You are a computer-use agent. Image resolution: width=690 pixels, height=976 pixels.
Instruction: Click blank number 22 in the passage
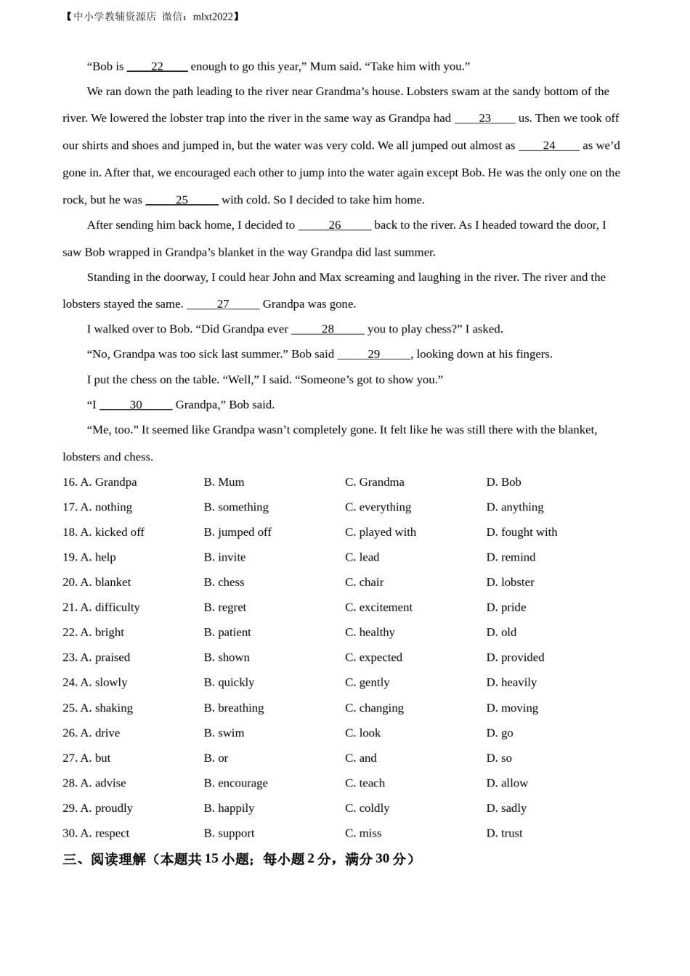tap(157, 66)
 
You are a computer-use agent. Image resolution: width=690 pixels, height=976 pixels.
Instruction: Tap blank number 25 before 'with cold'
tap(182, 200)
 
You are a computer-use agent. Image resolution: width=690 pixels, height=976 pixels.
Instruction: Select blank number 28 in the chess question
tap(328, 329)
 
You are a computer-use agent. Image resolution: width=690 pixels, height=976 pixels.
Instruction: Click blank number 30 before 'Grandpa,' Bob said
tap(136, 404)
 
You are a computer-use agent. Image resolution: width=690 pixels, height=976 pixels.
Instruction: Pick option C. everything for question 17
tap(378, 507)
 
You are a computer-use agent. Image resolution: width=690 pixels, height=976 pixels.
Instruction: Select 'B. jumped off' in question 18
tap(238, 532)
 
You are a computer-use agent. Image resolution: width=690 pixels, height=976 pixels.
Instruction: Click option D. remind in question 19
tap(511, 557)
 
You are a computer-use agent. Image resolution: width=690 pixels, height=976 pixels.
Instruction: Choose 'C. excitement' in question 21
tap(378, 607)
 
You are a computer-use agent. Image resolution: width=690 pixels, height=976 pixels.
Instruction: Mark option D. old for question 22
tap(501, 633)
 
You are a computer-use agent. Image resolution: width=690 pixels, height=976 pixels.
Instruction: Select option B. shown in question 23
tap(227, 657)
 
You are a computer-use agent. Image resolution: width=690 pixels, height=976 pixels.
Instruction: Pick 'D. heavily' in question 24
tap(511, 683)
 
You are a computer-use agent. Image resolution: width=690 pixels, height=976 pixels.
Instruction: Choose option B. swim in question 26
tap(224, 733)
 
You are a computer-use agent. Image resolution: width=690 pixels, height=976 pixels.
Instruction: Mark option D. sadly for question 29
tap(506, 808)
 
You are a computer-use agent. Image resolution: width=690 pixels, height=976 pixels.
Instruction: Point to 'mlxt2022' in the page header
tap(214, 17)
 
